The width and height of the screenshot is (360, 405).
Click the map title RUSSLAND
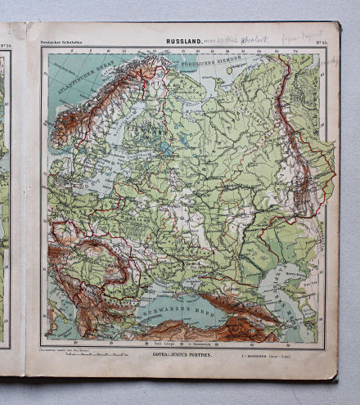tap(186, 39)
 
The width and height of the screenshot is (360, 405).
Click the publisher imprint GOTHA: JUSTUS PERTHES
tap(185, 354)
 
